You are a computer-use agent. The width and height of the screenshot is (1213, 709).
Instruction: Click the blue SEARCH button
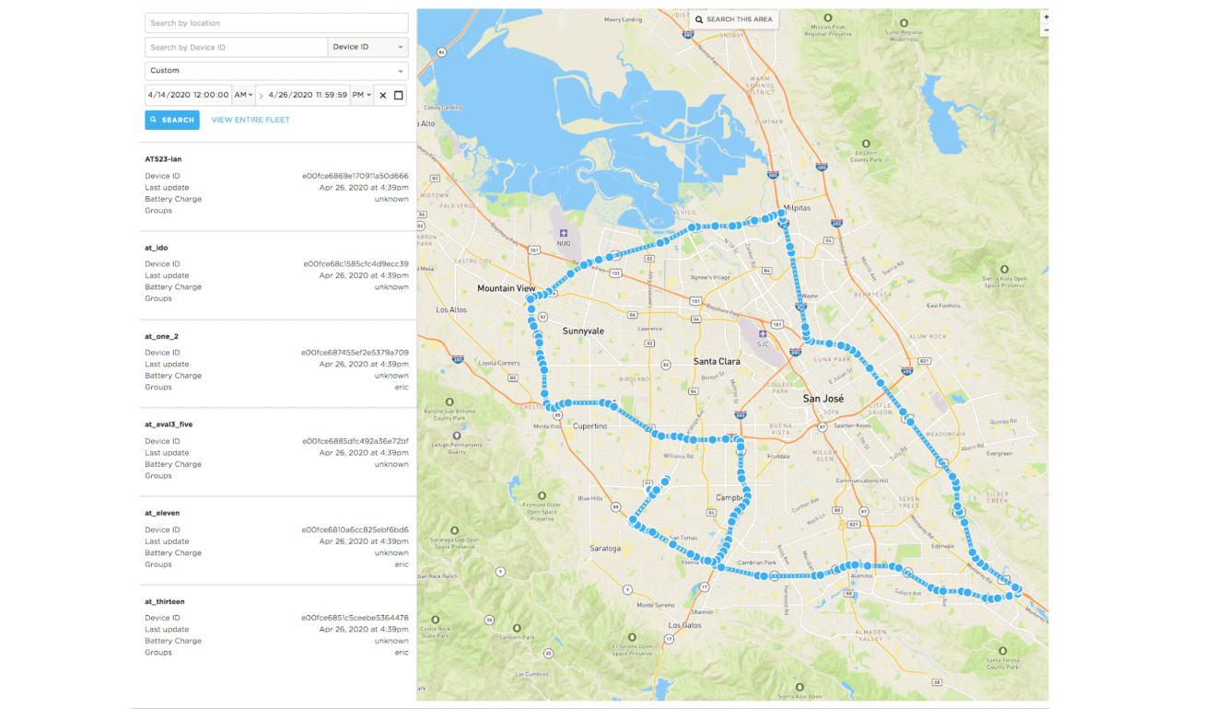click(x=172, y=120)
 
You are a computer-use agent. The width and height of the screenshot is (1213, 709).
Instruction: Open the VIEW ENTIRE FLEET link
click(x=251, y=120)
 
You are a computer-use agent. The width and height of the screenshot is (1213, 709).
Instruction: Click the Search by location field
click(x=276, y=23)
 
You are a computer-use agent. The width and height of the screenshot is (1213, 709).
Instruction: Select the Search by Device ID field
click(x=236, y=47)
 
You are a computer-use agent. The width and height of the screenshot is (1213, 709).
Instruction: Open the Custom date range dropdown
click(x=276, y=71)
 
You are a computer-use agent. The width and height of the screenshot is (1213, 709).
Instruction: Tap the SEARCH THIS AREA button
click(x=735, y=19)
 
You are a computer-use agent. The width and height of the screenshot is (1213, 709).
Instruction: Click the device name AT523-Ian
click(x=163, y=159)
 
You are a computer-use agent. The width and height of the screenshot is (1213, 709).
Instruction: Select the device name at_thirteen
click(x=164, y=601)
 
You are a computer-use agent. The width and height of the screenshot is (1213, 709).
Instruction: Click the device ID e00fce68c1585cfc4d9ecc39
click(x=356, y=264)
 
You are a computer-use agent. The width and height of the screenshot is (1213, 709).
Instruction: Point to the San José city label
click(x=823, y=399)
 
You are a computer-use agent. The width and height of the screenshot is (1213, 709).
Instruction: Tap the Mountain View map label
click(x=506, y=288)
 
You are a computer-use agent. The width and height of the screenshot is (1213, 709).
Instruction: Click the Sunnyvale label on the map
click(x=583, y=331)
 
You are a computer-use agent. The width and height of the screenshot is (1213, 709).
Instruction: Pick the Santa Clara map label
click(x=717, y=362)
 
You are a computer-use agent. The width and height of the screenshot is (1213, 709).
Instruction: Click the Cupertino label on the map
click(x=590, y=426)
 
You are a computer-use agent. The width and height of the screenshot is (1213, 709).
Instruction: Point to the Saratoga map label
click(x=605, y=549)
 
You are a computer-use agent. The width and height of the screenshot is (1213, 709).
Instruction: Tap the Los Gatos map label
click(x=685, y=625)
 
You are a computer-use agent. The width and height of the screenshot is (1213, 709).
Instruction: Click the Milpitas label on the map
click(x=798, y=208)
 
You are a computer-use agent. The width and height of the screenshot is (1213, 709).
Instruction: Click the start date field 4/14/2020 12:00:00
click(x=188, y=95)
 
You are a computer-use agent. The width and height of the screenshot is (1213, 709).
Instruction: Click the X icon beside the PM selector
click(x=383, y=95)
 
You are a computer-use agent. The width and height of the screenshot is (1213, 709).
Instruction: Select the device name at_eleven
click(x=162, y=513)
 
